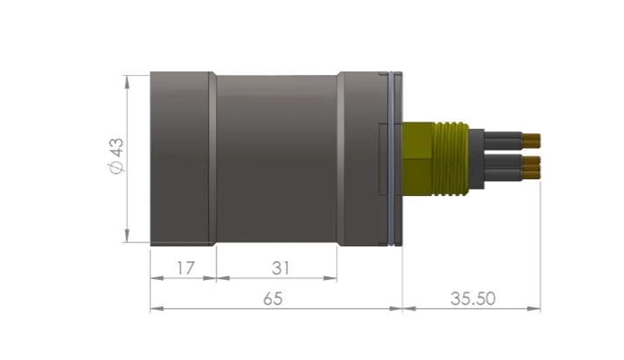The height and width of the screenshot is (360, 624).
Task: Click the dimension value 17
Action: pos(185,268)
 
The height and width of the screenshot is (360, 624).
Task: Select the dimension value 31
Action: pos(279,268)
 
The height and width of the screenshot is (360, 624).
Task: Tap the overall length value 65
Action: pos(274,298)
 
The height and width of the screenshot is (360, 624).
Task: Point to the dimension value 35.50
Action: pos(473,298)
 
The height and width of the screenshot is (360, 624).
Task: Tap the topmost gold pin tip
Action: pos(533,141)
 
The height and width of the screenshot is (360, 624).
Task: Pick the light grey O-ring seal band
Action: pos(390,157)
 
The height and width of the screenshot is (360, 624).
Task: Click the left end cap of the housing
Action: pos(181,157)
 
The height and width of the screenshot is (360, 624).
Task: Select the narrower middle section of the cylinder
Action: pos(276,157)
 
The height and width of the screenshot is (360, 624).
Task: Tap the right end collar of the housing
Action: pos(362,157)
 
